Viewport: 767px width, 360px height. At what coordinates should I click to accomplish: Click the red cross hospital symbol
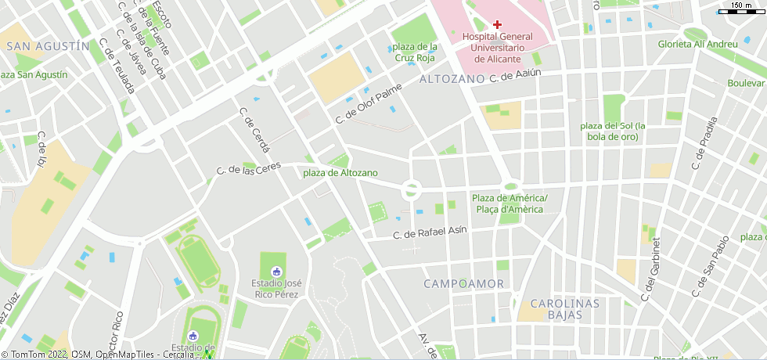(x=497, y=24)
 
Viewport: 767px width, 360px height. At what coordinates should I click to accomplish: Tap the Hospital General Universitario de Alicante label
(x=497, y=48)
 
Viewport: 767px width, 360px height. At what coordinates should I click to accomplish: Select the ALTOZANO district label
(x=452, y=79)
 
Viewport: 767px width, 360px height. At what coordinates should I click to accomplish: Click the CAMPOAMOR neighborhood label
(x=464, y=283)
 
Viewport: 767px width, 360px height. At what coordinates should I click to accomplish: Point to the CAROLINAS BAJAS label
(x=564, y=309)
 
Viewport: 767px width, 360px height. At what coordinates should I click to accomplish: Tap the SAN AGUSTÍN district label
(x=47, y=46)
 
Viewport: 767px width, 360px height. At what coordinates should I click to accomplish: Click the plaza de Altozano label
(x=340, y=172)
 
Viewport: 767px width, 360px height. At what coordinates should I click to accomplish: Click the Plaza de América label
(x=510, y=203)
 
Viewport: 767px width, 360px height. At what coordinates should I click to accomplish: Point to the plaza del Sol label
(x=613, y=131)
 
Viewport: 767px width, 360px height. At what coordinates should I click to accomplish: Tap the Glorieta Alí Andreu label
(x=697, y=44)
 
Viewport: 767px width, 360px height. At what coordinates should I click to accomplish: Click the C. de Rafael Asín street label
(x=430, y=232)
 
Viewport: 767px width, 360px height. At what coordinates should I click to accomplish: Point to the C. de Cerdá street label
(x=254, y=130)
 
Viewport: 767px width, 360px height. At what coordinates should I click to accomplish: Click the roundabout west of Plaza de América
(x=412, y=189)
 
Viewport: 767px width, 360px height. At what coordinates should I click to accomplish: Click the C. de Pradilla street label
(x=704, y=144)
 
